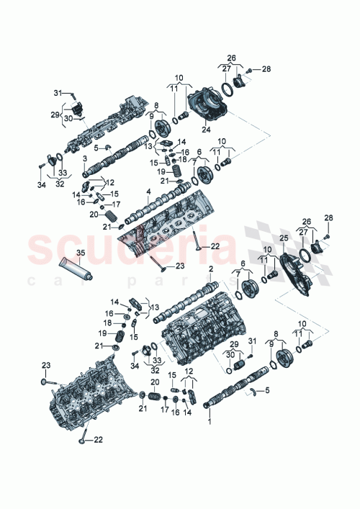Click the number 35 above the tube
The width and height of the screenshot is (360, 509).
pos(80,253)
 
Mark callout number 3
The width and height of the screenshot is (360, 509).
pos(85,158)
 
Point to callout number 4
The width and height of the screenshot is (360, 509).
pos(148,192)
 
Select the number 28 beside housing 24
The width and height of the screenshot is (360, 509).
pos(267,69)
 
